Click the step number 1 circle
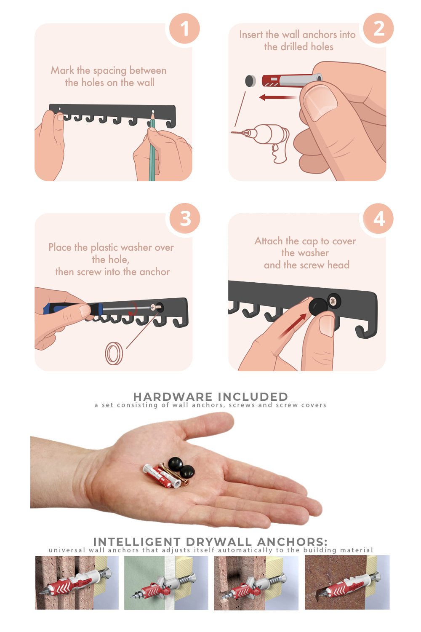coord(184,29)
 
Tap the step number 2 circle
coord(378,29)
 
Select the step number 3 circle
coord(185,218)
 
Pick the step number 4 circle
coord(378,218)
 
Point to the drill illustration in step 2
coord(262,141)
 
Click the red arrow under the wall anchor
coord(278,98)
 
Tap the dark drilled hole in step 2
coord(250,81)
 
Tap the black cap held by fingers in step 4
coord(317,307)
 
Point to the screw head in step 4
coord(334,301)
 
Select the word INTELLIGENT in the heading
coord(136,542)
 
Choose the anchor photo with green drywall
coord(166,583)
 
